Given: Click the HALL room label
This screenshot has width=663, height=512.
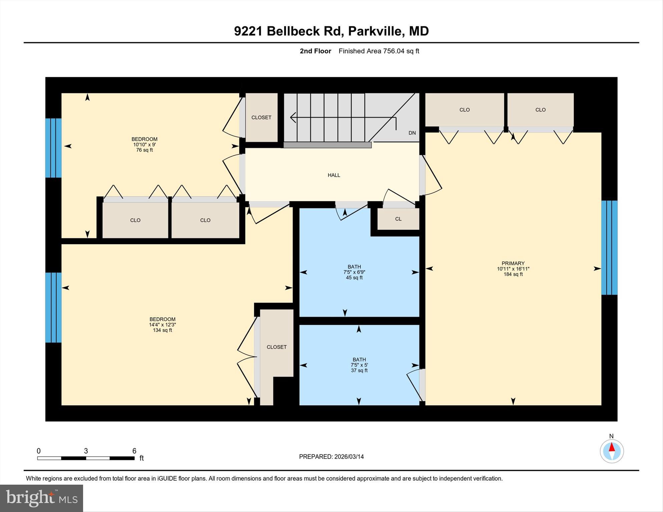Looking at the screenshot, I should click(x=334, y=175).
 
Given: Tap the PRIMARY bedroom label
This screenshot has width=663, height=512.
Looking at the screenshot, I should click(x=513, y=263).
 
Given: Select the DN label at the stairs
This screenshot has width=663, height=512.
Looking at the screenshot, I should click(x=412, y=133).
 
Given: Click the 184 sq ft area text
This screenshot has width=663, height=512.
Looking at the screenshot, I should click(x=513, y=274).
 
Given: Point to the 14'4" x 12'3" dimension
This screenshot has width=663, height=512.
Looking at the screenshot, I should click(x=162, y=325).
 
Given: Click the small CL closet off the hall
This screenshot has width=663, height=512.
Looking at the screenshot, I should click(x=398, y=219).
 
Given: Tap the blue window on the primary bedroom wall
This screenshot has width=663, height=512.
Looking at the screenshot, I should click(x=609, y=247).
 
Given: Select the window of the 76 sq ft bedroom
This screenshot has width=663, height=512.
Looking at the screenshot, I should click(x=53, y=148).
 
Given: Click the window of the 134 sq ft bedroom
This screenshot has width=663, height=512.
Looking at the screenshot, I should click(x=53, y=308).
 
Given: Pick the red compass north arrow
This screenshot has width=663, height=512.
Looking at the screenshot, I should click(x=612, y=447).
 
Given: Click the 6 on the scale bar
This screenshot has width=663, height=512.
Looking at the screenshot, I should click(x=134, y=451).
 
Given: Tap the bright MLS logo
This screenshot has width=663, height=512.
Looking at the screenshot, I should click(x=41, y=498).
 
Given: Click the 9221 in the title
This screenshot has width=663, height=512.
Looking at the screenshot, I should click(x=248, y=31).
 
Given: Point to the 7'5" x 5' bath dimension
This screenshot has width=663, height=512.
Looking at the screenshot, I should click(x=359, y=365).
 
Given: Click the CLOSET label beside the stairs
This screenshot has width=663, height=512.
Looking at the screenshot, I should click(x=261, y=117).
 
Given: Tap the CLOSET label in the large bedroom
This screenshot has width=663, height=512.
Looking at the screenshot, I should click(x=277, y=347).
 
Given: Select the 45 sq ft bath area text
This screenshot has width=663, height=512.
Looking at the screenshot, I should click(x=354, y=278).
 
